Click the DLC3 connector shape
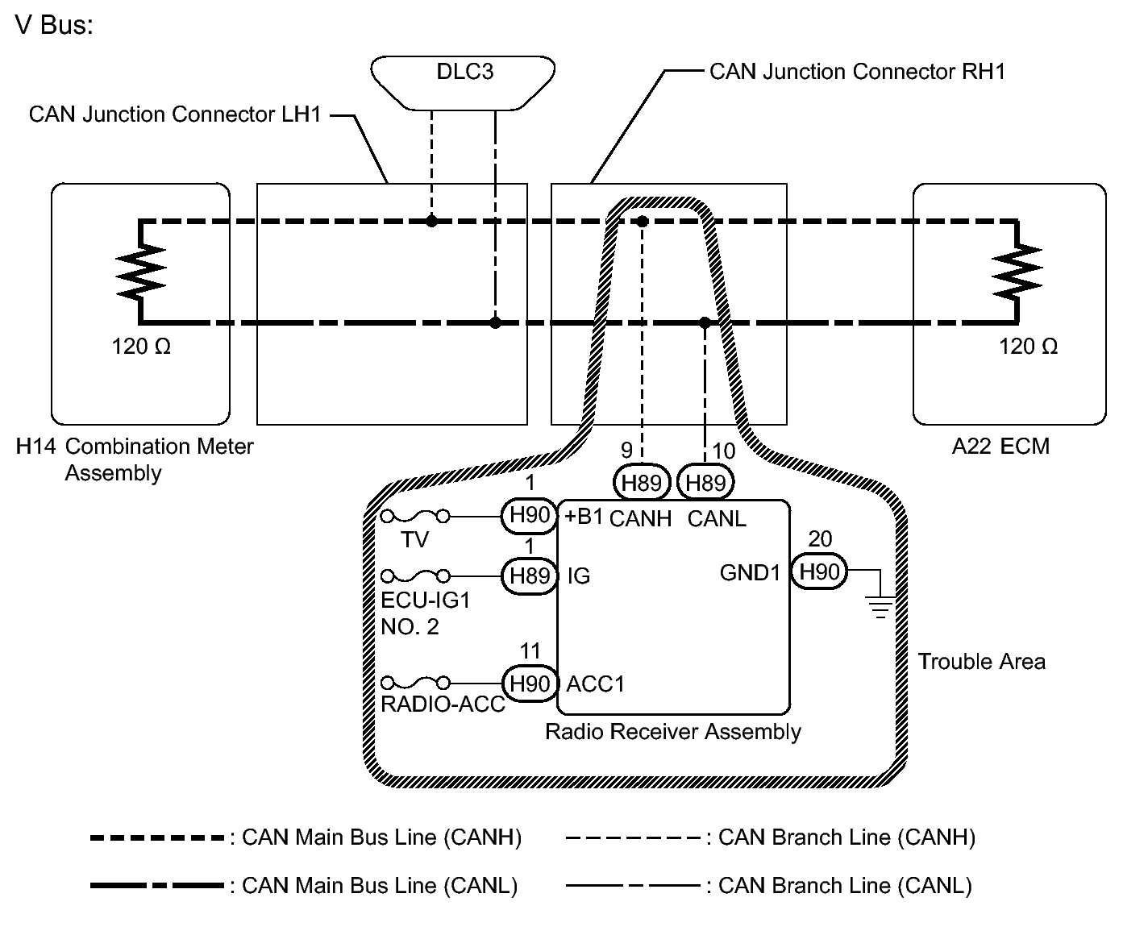coord(463,83)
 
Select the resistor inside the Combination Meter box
coord(141,272)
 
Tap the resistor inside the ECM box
coord(1017,272)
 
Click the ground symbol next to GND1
coord(880,606)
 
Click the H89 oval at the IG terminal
coord(530,576)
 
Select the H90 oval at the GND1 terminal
coord(819,571)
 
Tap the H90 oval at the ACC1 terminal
coord(530,684)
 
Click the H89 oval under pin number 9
coord(642,482)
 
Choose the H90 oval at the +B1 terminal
coord(530,516)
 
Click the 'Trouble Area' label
coord(981,661)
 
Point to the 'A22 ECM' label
coord(1000,447)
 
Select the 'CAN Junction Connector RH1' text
coord(857,72)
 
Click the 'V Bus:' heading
coord(54,25)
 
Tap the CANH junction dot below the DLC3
coord(431,221)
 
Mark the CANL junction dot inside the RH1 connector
coord(705,322)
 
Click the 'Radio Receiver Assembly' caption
coord(672,731)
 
